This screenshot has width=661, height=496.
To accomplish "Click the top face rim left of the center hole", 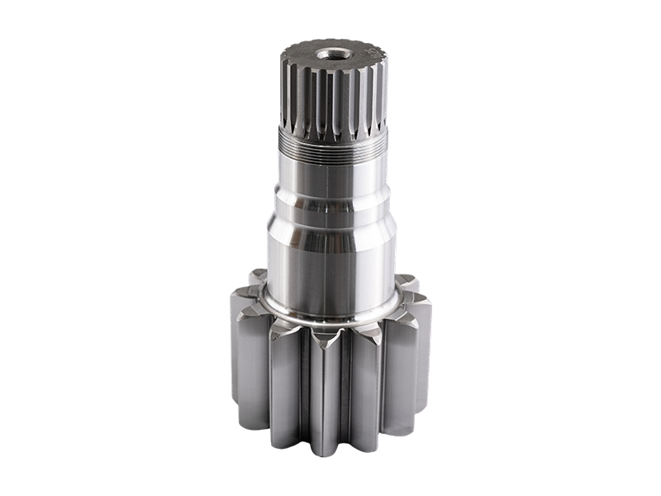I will pos(302,56).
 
